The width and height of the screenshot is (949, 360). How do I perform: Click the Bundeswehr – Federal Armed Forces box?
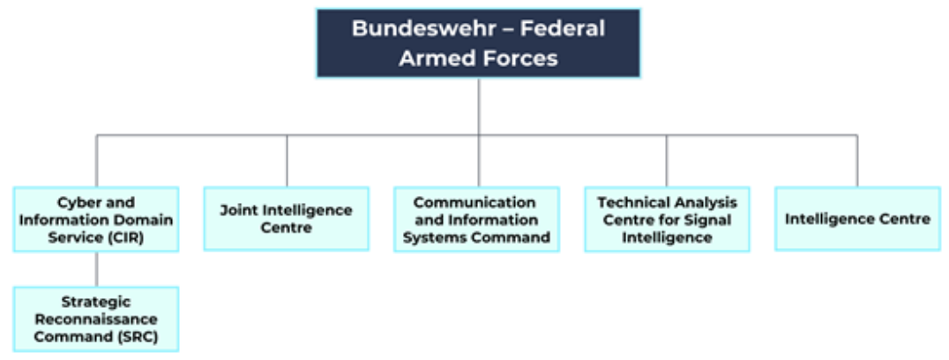(x=478, y=43)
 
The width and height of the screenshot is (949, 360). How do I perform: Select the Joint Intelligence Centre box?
(x=286, y=218)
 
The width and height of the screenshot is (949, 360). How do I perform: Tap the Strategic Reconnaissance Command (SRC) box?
(x=96, y=319)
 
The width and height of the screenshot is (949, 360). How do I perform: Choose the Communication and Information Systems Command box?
(x=476, y=220)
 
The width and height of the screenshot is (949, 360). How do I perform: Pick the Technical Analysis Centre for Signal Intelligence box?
(x=667, y=220)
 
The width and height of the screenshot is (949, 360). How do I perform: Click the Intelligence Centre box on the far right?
(x=856, y=218)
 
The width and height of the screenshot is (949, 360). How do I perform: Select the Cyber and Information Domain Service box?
(x=96, y=219)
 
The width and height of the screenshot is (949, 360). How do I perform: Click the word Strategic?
(x=96, y=301)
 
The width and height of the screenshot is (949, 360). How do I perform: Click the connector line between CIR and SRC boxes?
(x=96, y=269)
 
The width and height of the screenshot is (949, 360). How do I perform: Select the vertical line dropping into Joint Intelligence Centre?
(x=286, y=161)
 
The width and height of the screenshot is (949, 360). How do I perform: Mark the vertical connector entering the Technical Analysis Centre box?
(x=667, y=161)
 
